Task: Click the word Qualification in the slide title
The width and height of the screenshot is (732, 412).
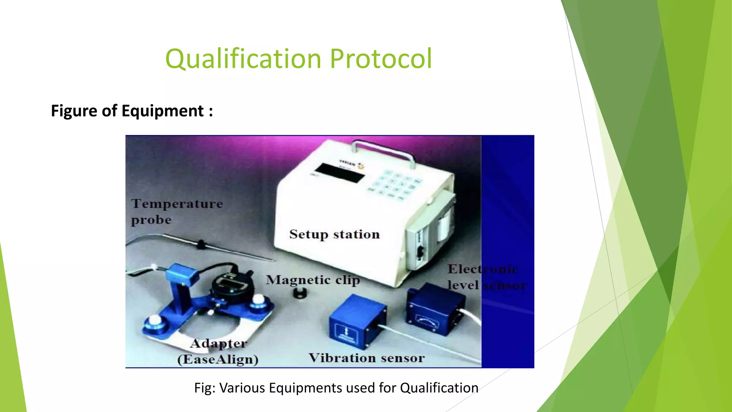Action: click(x=243, y=59)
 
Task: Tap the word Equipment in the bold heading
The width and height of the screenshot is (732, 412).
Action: click(x=163, y=111)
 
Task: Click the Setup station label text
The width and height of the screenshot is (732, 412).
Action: click(x=334, y=234)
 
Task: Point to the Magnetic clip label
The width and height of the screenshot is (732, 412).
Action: click(x=313, y=280)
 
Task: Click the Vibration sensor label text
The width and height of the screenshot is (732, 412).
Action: click(x=367, y=358)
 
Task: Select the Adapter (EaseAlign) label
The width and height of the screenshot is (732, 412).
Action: click(x=218, y=351)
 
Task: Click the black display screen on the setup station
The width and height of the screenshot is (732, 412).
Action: click(x=340, y=173)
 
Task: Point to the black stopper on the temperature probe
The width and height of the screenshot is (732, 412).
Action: click(x=201, y=244)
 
